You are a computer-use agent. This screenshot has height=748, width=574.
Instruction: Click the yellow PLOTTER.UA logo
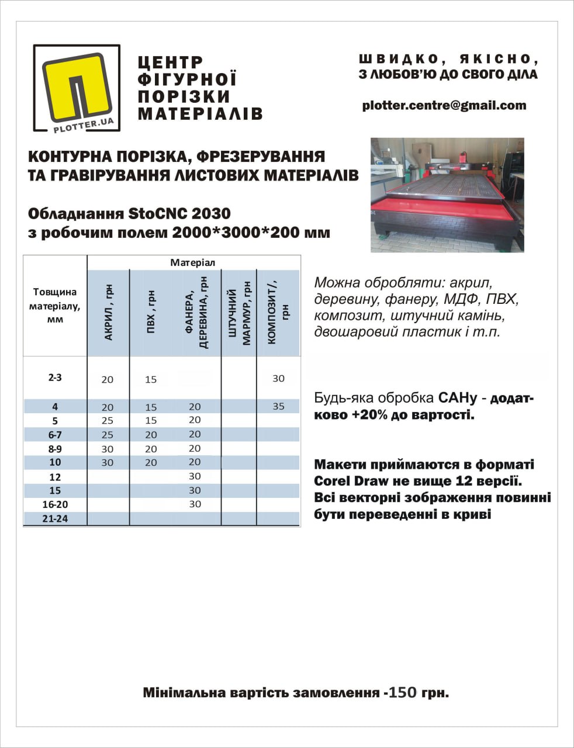point(77,88)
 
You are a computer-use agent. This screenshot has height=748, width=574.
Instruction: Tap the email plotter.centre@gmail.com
point(444,106)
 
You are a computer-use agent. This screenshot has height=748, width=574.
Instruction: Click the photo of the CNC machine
point(447,195)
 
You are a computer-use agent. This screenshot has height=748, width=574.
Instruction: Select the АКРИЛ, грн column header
point(109,313)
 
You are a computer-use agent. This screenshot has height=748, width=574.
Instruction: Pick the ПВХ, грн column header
point(151,313)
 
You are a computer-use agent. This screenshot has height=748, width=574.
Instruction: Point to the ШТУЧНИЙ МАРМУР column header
point(239,313)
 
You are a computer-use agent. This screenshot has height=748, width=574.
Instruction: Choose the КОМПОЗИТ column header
point(278,313)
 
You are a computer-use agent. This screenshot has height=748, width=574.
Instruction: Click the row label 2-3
point(55,378)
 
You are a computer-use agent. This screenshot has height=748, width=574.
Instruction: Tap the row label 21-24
point(55,518)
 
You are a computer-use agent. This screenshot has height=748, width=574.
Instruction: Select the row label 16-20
point(55,504)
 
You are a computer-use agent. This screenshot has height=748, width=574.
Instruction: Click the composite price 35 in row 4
point(278,406)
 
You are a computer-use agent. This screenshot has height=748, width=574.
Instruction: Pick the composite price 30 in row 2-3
point(278,379)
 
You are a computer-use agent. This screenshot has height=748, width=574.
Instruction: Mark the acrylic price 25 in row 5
point(108,421)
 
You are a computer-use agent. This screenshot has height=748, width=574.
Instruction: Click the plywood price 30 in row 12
point(195,476)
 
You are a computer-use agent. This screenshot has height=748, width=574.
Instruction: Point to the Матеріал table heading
point(193,263)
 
